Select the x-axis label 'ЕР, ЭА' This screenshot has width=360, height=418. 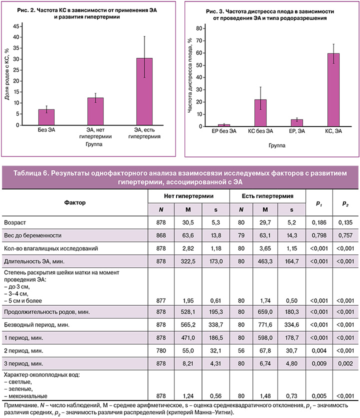click(297, 132)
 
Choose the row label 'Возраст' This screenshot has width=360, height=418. click(14, 221)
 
